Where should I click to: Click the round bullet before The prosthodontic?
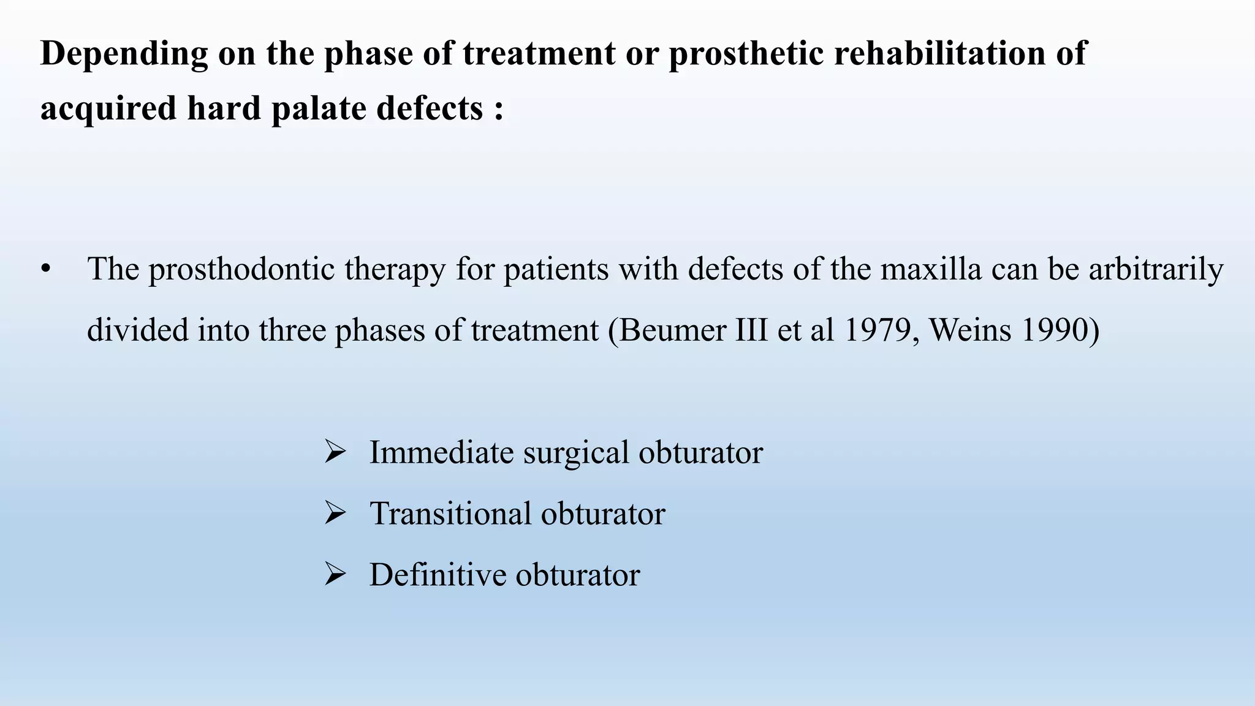45,270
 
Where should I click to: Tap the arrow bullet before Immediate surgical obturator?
335,452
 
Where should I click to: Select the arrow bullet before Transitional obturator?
335,513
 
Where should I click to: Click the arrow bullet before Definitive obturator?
335,574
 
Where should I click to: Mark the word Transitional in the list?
450,513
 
